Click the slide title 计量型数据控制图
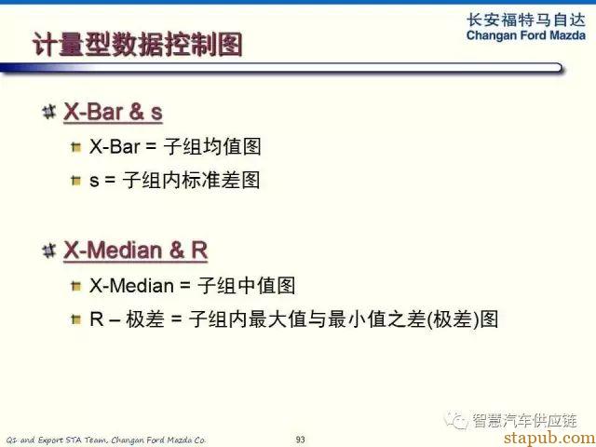(137, 45)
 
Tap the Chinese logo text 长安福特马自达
(526, 20)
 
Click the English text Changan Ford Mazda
(526, 35)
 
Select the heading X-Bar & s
(113, 112)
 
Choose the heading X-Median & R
(136, 251)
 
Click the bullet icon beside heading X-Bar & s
(49, 112)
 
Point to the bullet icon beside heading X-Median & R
(49, 251)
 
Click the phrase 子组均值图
(212, 146)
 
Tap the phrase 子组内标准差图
(192, 180)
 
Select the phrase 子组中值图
(246, 285)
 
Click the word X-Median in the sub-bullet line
(131, 286)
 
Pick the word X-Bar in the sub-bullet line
(115, 147)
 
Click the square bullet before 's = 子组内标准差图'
(76, 180)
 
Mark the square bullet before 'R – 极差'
(76, 318)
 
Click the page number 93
(300, 440)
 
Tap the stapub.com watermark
(549, 437)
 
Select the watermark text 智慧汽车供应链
(525, 420)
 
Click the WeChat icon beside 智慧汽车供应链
(456, 420)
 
